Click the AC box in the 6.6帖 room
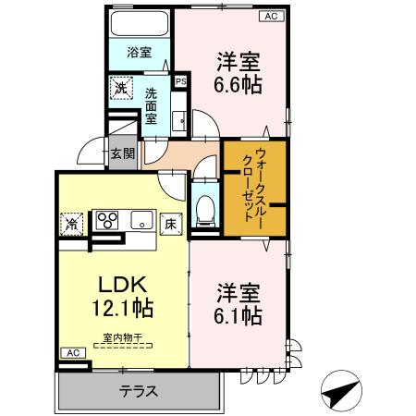click(x=271, y=16)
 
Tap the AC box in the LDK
click(x=73, y=353)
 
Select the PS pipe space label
click(x=181, y=81)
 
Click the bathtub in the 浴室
click(x=140, y=23)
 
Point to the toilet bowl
click(x=204, y=212)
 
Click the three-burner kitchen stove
click(x=107, y=219)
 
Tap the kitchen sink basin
click(x=141, y=219)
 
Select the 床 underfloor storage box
click(x=171, y=225)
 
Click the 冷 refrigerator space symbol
click(x=71, y=224)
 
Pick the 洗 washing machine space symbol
click(x=121, y=88)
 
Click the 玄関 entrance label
click(x=123, y=153)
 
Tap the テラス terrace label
click(x=139, y=392)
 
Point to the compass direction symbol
click(x=341, y=390)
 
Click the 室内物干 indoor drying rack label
click(x=123, y=337)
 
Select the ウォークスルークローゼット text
click(x=252, y=188)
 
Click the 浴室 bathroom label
click(x=140, y=52)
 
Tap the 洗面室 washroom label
click(x=151, y=105)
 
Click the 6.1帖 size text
click(x=238, y=315)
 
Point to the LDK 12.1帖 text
click(x=123, y=297)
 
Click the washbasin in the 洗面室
click(x=178, y=121)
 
